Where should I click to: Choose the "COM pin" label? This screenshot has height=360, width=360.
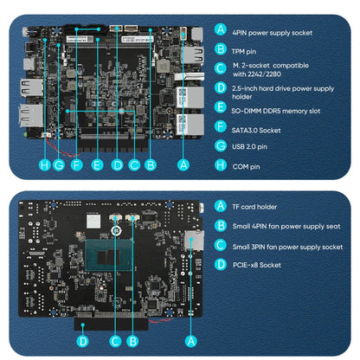(247, 166)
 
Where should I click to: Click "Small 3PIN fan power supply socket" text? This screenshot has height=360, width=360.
(288, 247)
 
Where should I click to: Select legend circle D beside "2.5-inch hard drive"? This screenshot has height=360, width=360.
(222, 88)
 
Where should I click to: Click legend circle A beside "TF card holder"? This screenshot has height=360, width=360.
(222, 207)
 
